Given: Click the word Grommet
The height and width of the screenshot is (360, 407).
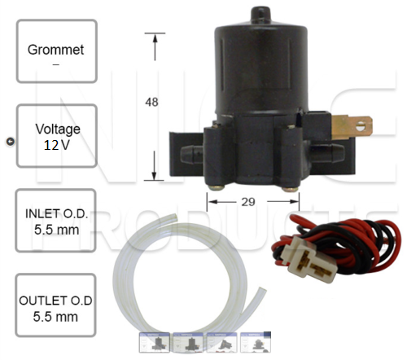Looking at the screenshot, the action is point(55,50).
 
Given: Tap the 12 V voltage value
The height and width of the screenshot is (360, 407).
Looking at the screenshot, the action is point(57,145).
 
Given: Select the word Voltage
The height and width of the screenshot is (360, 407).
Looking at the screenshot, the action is point(58,130).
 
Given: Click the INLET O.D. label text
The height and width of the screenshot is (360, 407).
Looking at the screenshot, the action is point(56,213).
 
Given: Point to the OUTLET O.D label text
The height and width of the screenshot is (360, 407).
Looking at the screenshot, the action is point(55,301).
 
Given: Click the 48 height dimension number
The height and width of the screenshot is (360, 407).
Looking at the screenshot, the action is point(151,102).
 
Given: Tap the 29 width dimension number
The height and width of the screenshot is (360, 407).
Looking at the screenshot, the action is point(248,202).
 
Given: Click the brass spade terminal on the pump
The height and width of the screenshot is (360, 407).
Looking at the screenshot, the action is point(352,127).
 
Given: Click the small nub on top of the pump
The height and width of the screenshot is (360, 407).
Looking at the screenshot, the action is point(260,14).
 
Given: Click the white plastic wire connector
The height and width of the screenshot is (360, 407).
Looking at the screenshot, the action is point(309,258).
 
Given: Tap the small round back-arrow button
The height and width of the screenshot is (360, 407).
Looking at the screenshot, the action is point(11,142).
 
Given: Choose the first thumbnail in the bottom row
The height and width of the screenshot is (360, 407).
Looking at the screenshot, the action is point(155,343).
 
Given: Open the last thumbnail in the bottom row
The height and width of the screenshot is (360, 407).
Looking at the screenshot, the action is point(256,342).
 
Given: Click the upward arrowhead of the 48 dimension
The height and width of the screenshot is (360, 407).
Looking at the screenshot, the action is point(155,38).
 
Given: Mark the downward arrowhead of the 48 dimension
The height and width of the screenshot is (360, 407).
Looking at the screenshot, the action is point(154,175).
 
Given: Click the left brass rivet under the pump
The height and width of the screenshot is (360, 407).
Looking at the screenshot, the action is point(217,188).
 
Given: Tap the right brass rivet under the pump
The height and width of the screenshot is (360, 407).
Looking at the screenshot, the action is point(290,189).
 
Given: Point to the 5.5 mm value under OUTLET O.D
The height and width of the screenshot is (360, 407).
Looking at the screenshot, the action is point(55,317).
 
